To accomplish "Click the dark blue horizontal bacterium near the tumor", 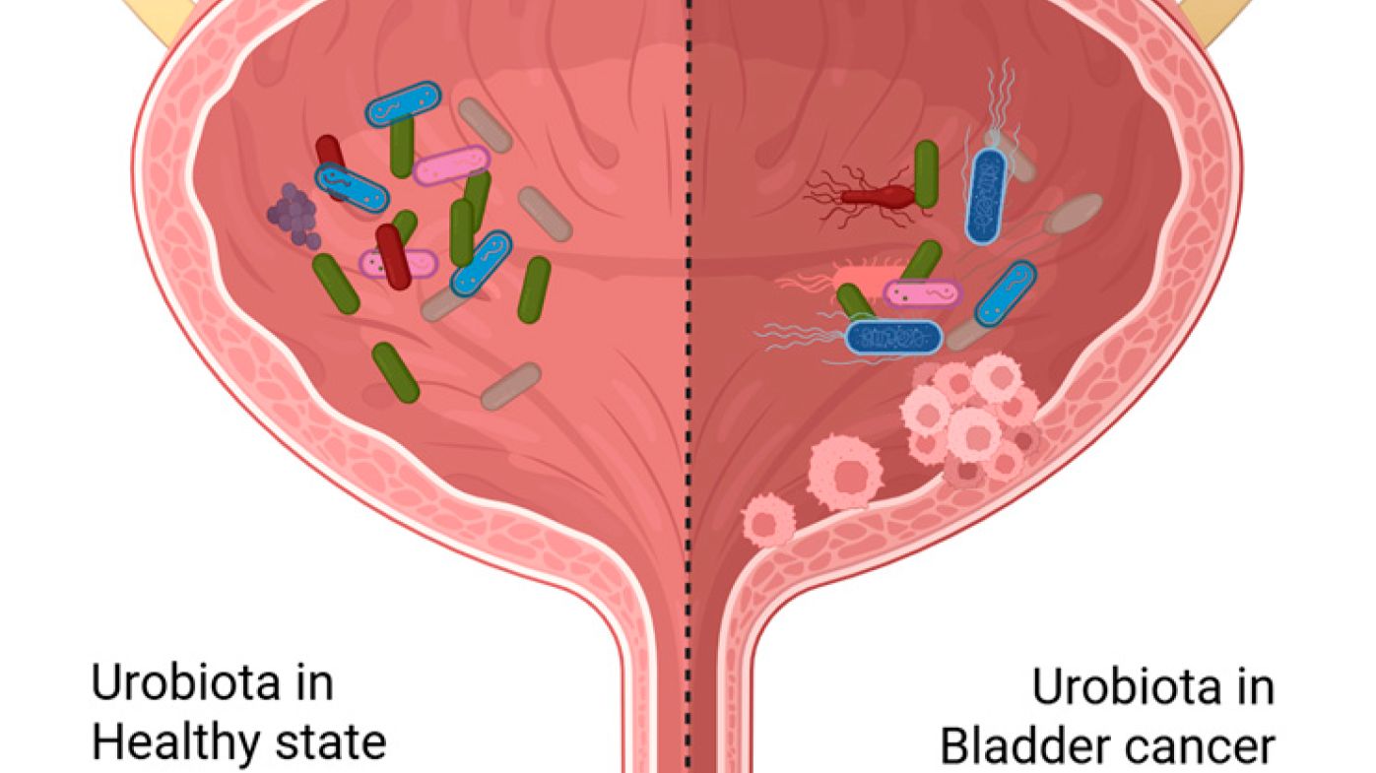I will tap(893, 338).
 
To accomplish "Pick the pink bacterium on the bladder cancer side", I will tap(923, 293).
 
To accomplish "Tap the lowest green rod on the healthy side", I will tap(396, 372).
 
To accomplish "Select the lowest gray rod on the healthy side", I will tap(511, 386).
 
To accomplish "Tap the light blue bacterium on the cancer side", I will tap(1006, 293).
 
